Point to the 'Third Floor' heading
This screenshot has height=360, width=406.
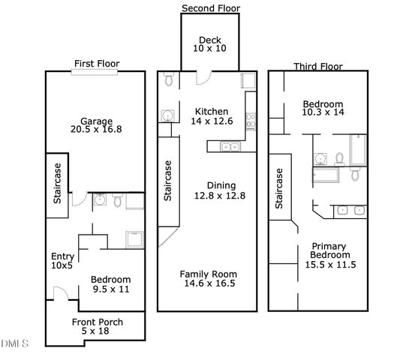(x=318, y=66)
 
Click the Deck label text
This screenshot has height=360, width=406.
(x=207, y=40)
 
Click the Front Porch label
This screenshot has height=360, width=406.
(x=98, y=322)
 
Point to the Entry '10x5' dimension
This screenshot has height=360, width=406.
(x=62, y=265)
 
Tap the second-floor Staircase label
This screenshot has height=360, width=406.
(x=168, y=180)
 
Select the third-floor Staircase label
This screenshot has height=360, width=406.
(x=279, y=188)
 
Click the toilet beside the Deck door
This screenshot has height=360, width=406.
(x=170, y=79)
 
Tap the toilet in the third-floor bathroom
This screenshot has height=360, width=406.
(x=339, y=158)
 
